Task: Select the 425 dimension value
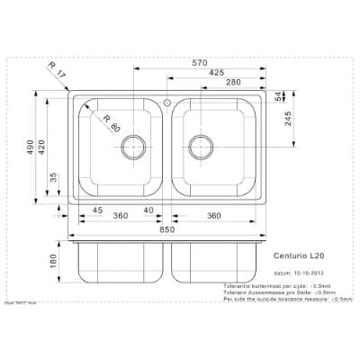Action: pos(217,72)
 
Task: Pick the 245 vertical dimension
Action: pos(287,121)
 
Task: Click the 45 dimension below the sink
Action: pos(96,211)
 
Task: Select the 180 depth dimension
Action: pos(54,261)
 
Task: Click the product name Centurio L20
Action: pos(299,256)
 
